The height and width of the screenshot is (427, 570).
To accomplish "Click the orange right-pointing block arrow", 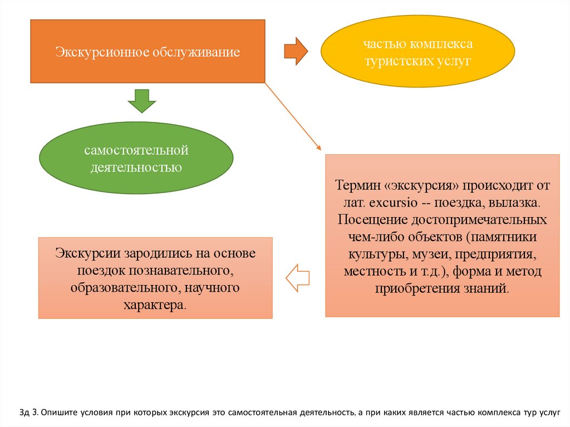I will tap(296, 51).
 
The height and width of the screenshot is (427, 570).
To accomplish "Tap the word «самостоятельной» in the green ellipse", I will tap(137, 151).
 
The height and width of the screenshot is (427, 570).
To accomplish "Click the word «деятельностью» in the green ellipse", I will tap(137, 166).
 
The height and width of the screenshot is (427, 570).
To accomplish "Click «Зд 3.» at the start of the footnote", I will tap(27, 413).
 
